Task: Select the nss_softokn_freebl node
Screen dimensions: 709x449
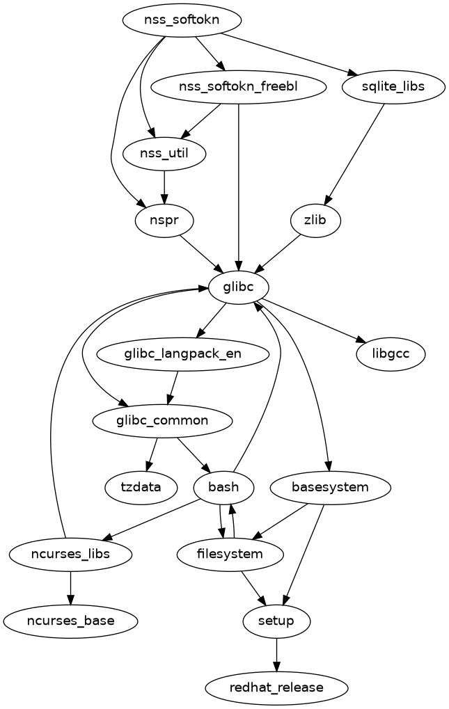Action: [239, 87]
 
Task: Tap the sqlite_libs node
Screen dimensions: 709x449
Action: [393, 87]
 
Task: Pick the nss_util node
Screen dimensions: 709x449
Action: [164, 154]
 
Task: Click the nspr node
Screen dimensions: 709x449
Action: [164, 221]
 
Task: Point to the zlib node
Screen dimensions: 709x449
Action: [316, 221]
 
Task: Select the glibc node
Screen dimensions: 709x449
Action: [239, 287]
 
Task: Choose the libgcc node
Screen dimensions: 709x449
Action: [391, 353]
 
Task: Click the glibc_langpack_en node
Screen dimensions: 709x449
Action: [183, 353]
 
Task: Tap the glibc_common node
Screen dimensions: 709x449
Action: [163, 420]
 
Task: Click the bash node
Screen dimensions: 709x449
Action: [223, 487]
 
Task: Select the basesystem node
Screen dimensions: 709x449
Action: [329, 487]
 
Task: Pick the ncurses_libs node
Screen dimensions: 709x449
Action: [70, 555]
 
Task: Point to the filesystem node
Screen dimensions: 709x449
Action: [230, 555]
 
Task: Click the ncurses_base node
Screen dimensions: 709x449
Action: [70, 621]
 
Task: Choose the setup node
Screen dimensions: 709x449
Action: [277, 621]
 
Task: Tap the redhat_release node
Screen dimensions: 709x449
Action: [277, 687]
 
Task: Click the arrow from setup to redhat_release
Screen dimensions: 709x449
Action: [277, 654]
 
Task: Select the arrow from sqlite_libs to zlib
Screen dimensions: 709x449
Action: [355, 154]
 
